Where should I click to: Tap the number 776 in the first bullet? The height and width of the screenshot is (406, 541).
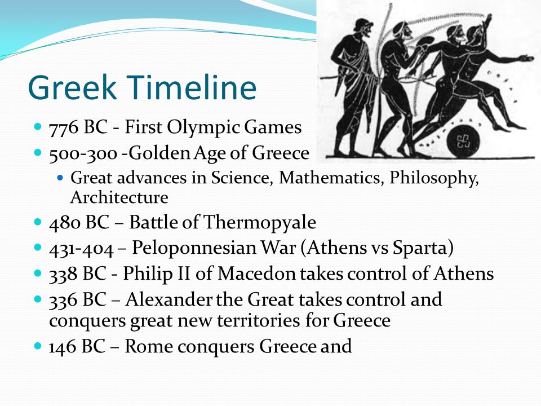tap(64, 127)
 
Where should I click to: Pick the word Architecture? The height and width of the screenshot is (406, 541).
tap(119, 197)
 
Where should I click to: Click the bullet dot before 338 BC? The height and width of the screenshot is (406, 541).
tap(38, 273)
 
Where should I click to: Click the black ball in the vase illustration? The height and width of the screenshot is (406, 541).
tap(463, 141)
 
